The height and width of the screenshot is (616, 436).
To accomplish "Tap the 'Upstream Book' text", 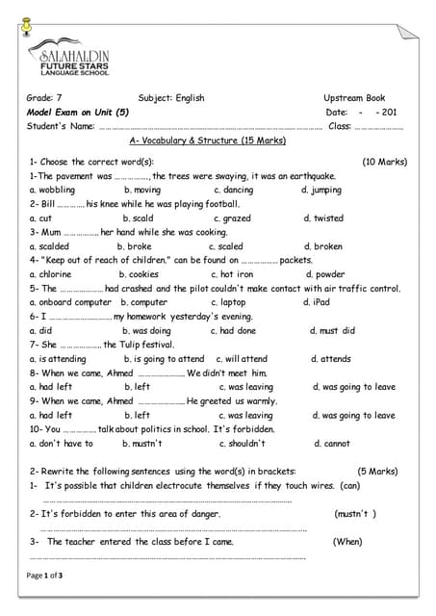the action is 354,98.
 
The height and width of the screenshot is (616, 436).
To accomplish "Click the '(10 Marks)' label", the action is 384,162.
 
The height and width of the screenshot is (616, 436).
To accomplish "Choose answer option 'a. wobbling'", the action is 53,191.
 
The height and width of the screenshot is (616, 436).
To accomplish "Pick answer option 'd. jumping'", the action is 321,191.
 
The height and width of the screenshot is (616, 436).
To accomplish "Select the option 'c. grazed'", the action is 232,218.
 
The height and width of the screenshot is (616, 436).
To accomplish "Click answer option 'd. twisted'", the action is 323,218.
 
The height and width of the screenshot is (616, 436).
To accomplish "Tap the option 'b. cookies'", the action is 139,274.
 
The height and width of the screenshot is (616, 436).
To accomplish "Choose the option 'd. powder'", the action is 324,274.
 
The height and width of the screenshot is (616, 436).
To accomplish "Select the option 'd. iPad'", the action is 316,302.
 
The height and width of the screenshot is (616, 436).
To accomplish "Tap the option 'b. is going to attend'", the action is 164,359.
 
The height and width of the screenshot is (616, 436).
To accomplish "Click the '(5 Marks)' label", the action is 377,472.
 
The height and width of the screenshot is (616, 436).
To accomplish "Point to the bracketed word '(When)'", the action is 347,542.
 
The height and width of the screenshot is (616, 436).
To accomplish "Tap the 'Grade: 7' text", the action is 44,98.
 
